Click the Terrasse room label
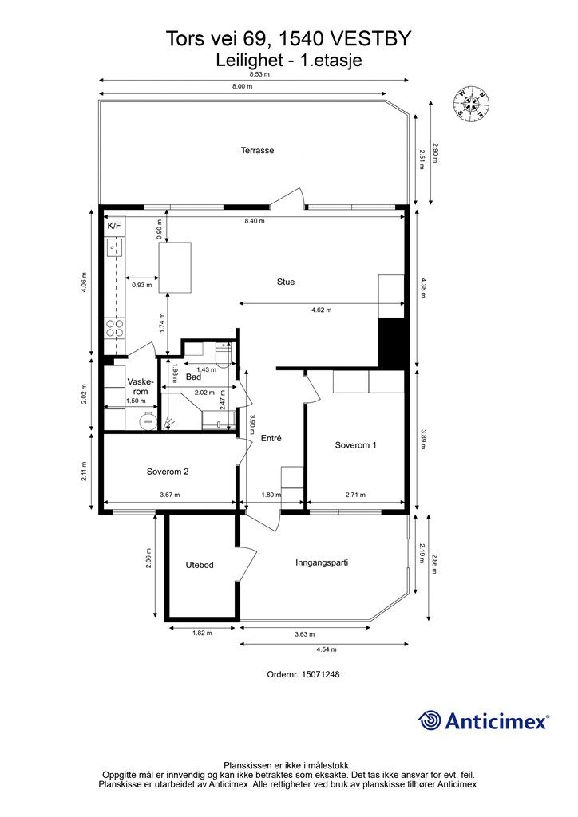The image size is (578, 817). [x=257, y=151]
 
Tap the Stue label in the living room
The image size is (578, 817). [x=286, y=282]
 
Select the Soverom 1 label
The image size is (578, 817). [x=355, y=445]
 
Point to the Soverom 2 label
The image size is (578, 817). [x=168, y=472]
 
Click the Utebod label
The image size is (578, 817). [x=200, y=565]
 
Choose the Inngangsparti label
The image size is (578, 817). [x=322, y=562]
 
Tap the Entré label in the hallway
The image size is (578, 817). [x=271, y=438]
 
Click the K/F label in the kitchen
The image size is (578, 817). [x=113, y=226]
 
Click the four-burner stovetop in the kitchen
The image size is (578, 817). [x=115, y=329]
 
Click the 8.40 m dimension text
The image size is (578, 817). [x=255, y=221]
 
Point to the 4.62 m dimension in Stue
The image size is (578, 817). [x=322, y=310]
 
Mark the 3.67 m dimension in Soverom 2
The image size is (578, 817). [x=169, y=495]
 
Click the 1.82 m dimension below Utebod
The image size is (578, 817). [x=202, y=633]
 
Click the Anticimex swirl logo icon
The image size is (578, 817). [x=429, y=721]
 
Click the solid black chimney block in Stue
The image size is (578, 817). [x=392, y=343]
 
